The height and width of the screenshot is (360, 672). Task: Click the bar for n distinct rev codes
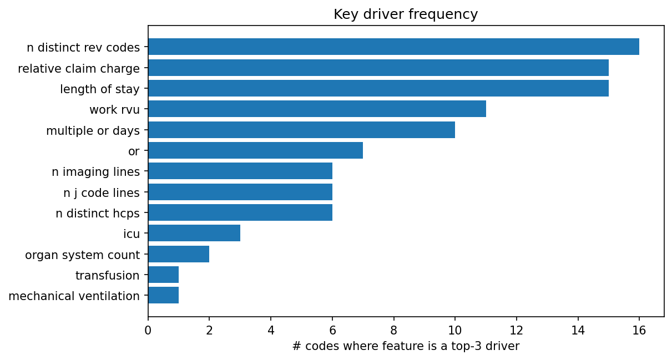(393, 47)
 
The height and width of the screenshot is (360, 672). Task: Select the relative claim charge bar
(378, 68)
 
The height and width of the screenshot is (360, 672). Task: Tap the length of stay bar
(378, 88)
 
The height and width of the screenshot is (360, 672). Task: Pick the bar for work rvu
(317, 109)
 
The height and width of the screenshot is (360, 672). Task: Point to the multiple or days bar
(301, 130)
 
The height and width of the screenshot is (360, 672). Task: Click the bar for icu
(194, 233)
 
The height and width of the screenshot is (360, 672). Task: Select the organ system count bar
(179, 254)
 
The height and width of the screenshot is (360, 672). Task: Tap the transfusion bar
(163, 275)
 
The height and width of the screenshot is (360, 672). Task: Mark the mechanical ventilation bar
(163, 295)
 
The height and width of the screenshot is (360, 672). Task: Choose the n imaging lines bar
(240, 171)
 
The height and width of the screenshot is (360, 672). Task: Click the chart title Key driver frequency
(406, 14)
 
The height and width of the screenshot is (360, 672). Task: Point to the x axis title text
(406, 347)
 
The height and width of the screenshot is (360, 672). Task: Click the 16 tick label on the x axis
(639, 331)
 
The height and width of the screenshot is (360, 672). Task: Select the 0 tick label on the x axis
(148, 331)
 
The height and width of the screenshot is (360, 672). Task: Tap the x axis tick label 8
(393, 331)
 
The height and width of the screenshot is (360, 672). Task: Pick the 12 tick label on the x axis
(516, 331)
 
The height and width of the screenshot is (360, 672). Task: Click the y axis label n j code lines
(102, 193)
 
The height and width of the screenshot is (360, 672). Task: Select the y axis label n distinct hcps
(98, 214)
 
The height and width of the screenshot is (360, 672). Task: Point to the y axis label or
(134, 151)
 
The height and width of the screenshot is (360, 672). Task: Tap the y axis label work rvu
(114, 110)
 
